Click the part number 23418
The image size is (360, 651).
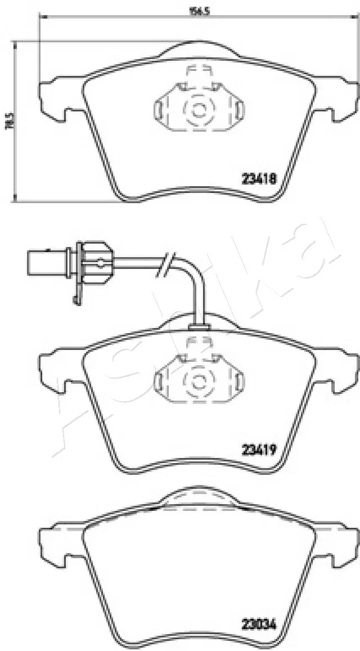[258, 179]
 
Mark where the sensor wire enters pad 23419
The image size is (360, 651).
[198, 326]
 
